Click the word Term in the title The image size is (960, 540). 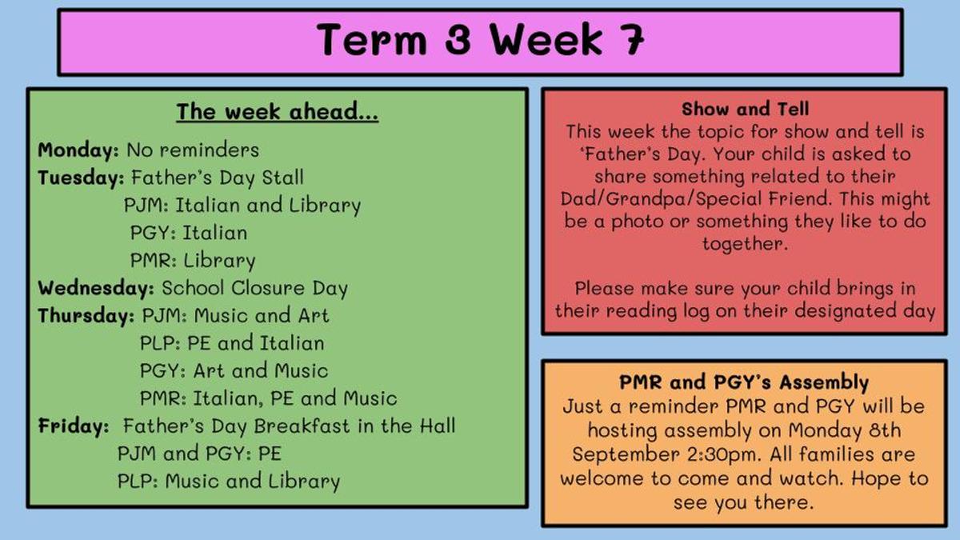tap(371, 39)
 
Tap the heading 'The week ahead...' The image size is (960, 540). tap(278, 111)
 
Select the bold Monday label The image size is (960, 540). tap(78, 150)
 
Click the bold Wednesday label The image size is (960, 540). tap(95, 288)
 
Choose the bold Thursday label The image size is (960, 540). tap(86, 316)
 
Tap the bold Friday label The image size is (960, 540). tap(74, 426)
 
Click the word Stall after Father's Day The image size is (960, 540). tap(283, 178)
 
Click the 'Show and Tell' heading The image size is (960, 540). tap(746, 109)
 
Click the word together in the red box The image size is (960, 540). tap(745, 244)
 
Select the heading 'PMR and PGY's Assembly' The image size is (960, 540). tap(744, 382)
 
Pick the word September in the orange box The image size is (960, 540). tap(626, 454)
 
